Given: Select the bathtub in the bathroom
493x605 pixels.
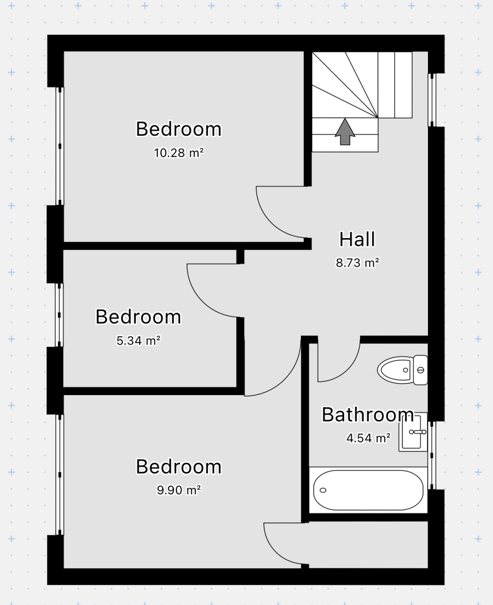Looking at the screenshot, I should (x=368, y=490).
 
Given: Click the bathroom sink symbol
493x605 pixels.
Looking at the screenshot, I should (x=413, y=432).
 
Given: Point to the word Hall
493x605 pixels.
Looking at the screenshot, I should (x=357, y=239).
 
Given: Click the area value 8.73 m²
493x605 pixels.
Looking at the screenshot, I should (x=357, y=263).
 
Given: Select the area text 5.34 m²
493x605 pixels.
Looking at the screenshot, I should (x=138, y=341).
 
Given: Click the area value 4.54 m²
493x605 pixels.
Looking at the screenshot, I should (x=368, y=438).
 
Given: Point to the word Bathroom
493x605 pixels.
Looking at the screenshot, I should (x=367, y=414).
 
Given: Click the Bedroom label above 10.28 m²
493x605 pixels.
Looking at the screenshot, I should (x=178, y=129).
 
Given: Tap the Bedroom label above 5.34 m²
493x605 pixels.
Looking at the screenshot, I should (x=138, y=317).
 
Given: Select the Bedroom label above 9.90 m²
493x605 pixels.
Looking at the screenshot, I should (x=178, y=466).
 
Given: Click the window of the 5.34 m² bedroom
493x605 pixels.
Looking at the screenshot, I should (x=59, y=315).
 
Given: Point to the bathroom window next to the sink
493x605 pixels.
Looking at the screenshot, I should (x=431, y=455).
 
